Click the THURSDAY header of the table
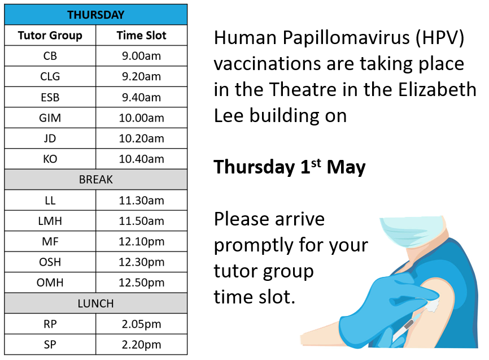pyautogui.click(x=96, y=15)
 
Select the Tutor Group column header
pyautogui.click(x=50, y=35)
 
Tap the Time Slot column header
pyautogui.click(x=141, y=35)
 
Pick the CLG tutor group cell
pyautogui.click(x=50, y=76)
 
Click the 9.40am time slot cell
pyautogui.click(x=141, y=97)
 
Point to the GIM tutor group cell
pyautogui.click(x=50, y=118)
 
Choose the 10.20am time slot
pyautogui.click(x=141, y=138)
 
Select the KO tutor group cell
pyautogui.click(x=50, y=159)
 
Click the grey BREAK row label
pyautogui.click(x=96, y=180)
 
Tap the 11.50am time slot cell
pyautogui.click(x=141, y=221)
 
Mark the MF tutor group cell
pyautogui.click(x=50, y=241)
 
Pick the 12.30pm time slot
pyautogui.click(x=141, y=262)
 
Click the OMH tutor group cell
pyautogui.click(x=50, y=283)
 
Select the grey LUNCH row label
pyautogui.click(x=96, y=303)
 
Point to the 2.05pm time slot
pyautogui.click(x=141, y=324)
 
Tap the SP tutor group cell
pyautogui.click(x=50, y=344)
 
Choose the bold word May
pyautogui.click(x=346, y=168)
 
